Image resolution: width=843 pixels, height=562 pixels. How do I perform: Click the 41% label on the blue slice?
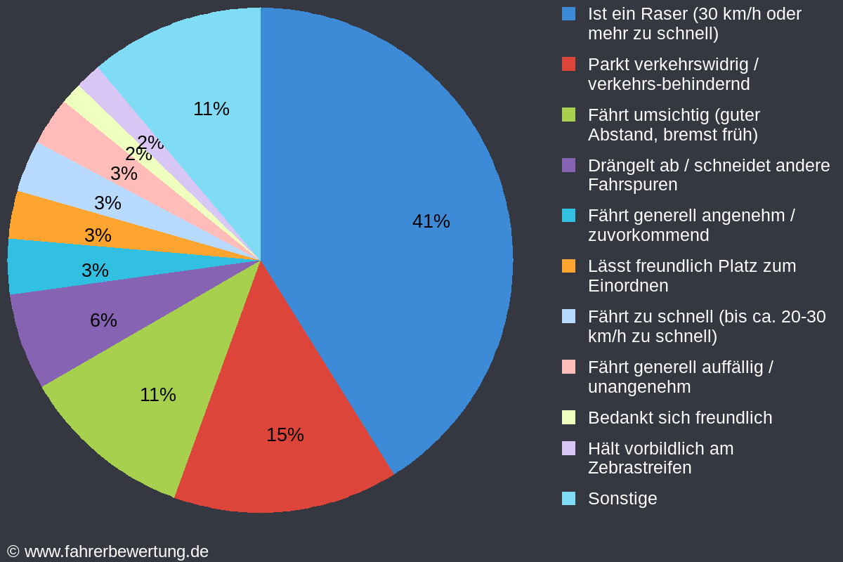click(x=431, y=221)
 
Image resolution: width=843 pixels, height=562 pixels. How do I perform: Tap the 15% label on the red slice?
click(x=285, y=435)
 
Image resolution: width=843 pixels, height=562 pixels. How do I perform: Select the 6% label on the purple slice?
click(x=103, y=320)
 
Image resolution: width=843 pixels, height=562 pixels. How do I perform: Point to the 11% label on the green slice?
click(x=157, y=395)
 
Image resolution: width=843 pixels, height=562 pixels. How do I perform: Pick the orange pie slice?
click(x=42, y=218)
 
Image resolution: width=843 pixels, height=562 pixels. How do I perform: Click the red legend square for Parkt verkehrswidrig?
click(x=569, y=64)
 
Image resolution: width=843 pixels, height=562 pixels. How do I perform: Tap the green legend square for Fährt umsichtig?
click(x=569, y=115)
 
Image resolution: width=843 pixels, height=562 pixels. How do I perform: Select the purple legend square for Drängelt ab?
click(x=569, y=165)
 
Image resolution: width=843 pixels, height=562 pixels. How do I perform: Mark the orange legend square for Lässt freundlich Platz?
click(x=569, y=266)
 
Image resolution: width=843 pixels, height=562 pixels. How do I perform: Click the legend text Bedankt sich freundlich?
click(x=679, y=417)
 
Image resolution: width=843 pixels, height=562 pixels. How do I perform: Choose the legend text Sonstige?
click(x=622, y=498)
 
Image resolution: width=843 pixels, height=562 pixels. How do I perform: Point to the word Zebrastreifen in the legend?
click(x=639, y=468)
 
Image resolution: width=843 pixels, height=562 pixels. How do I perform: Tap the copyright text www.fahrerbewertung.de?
click(x=116, y=551)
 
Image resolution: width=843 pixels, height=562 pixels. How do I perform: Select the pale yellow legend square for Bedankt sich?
click(x=569, y=417)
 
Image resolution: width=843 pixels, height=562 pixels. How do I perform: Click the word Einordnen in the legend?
click(x=628, y=286)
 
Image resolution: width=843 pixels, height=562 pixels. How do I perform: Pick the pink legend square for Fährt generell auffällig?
click(x=569, y=367)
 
